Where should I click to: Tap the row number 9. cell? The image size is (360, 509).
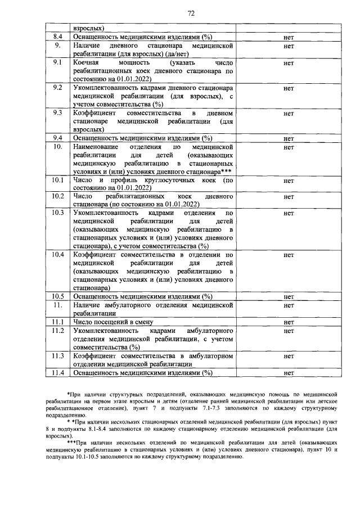(x=57, y=44)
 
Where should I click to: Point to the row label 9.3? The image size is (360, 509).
(x=57, y=113)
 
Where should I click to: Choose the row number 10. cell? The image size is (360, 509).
(x=57, y=147)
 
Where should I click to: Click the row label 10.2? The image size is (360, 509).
(x=57, y=196)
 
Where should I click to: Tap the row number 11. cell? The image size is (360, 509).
(x=57, y=304)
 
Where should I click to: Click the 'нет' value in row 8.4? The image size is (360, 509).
(x=289, y=37)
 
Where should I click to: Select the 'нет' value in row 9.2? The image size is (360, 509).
(x=289, y=89)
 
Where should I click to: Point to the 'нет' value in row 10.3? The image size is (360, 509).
(x=289, y=214)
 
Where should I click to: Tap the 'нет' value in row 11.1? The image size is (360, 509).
(x=289, y=323)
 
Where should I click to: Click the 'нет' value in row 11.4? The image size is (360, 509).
(x=289, y=372)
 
